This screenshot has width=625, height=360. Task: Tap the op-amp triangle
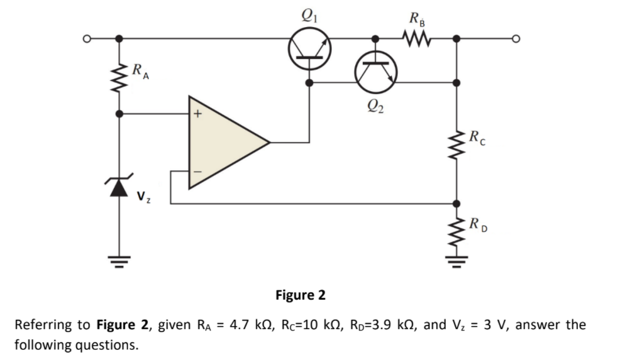click(227, 142)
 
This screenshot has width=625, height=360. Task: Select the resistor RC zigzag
click(456, 145)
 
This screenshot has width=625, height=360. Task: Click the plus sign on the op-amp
click(198, 114)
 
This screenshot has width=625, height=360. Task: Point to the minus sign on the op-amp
click(197, 170)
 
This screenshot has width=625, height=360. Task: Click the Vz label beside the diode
click(143, 199)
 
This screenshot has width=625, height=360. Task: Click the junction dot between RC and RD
click(456, 204)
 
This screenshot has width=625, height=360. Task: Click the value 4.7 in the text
click(240, 325)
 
